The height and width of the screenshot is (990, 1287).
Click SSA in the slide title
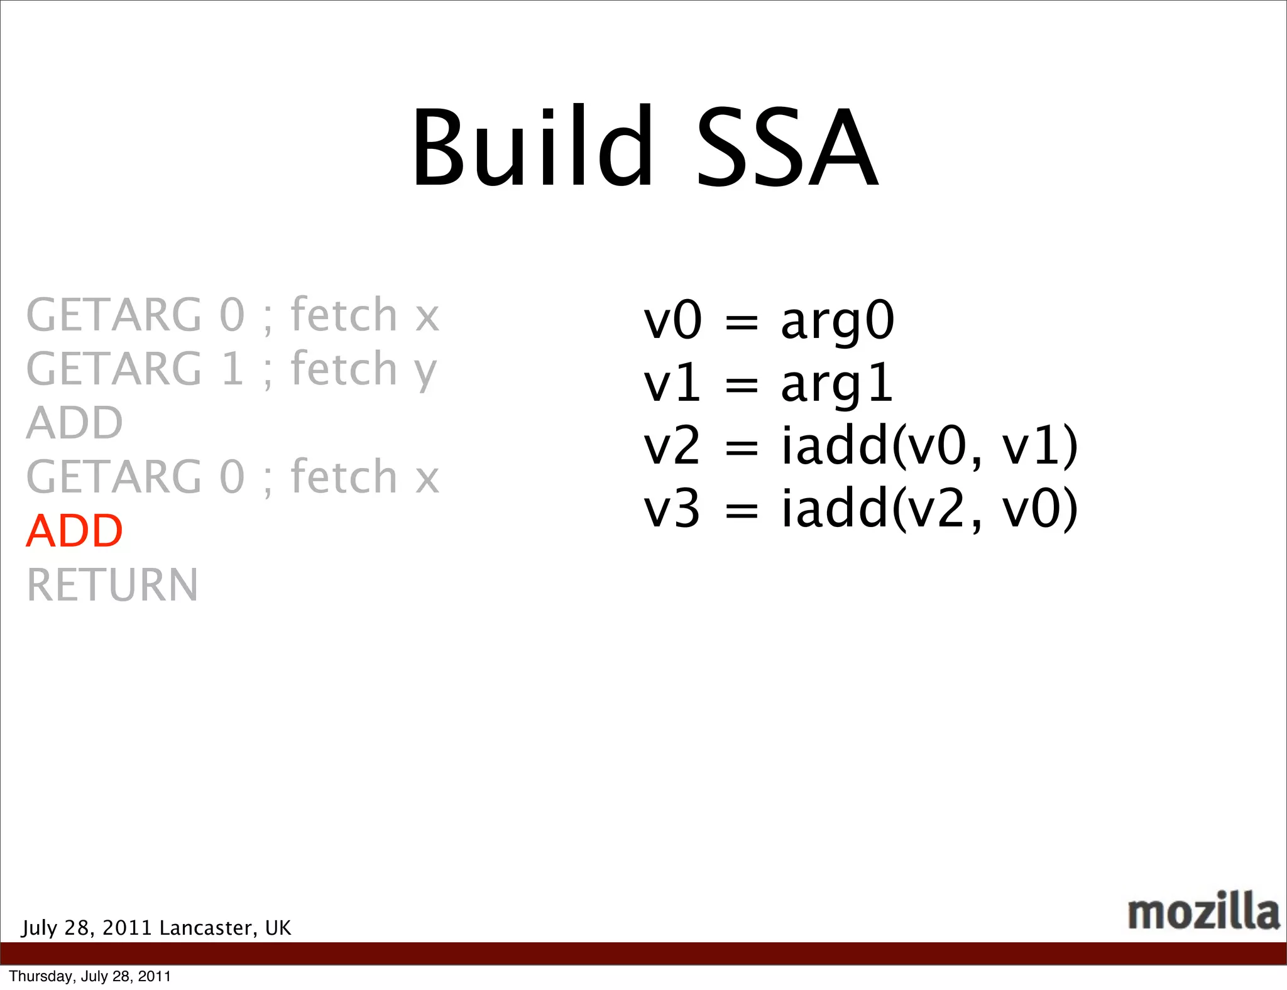[x=787, y=148]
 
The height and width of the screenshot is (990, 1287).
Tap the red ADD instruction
[x=74, y=531]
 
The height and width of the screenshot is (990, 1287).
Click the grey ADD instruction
[x=74, y=423]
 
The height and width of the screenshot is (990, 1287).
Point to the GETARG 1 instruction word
[x=134, y=369]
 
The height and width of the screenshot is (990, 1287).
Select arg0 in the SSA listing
[x=836, y=322]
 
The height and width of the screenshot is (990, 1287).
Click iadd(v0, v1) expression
[x=929, y=446]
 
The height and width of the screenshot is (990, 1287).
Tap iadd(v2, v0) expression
[x=929, y=509]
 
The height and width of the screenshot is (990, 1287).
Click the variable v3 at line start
[x=671, y=509]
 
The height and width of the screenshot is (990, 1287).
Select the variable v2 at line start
[x=671, y=446]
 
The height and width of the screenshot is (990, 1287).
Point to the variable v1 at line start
[x=671, y=384]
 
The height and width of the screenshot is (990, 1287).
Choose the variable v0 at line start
[x=671, y=321]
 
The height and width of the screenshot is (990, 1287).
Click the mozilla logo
[x=1203, y=911]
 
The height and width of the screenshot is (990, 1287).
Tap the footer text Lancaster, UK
[x=225, y=928]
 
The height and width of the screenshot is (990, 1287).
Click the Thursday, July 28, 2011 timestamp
[x=90, y=976]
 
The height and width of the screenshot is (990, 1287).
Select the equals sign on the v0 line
[x=742, y=323]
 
